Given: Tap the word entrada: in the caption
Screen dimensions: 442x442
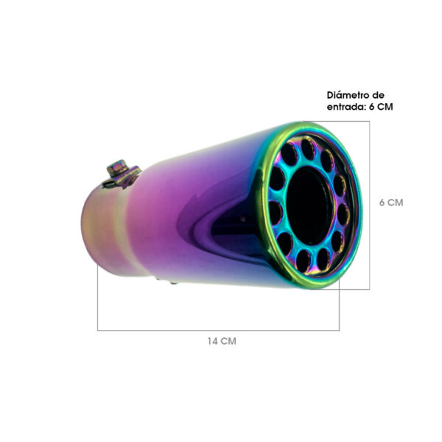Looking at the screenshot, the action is click(347, 107).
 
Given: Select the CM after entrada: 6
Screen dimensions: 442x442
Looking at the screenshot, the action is click(385, 107).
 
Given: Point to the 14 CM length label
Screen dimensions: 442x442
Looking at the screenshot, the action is click(222, 341).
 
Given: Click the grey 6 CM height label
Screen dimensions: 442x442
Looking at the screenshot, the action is click(391, 203).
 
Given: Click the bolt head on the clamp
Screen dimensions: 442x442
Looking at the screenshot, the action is click(117, 167).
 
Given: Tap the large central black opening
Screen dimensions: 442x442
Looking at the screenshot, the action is click(309, 206).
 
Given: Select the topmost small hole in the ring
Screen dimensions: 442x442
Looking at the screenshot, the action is click(309, 149).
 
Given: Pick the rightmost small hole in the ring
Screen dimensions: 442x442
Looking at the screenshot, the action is click(343, 214).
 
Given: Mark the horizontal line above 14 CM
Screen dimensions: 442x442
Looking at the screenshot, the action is click(218, 330).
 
